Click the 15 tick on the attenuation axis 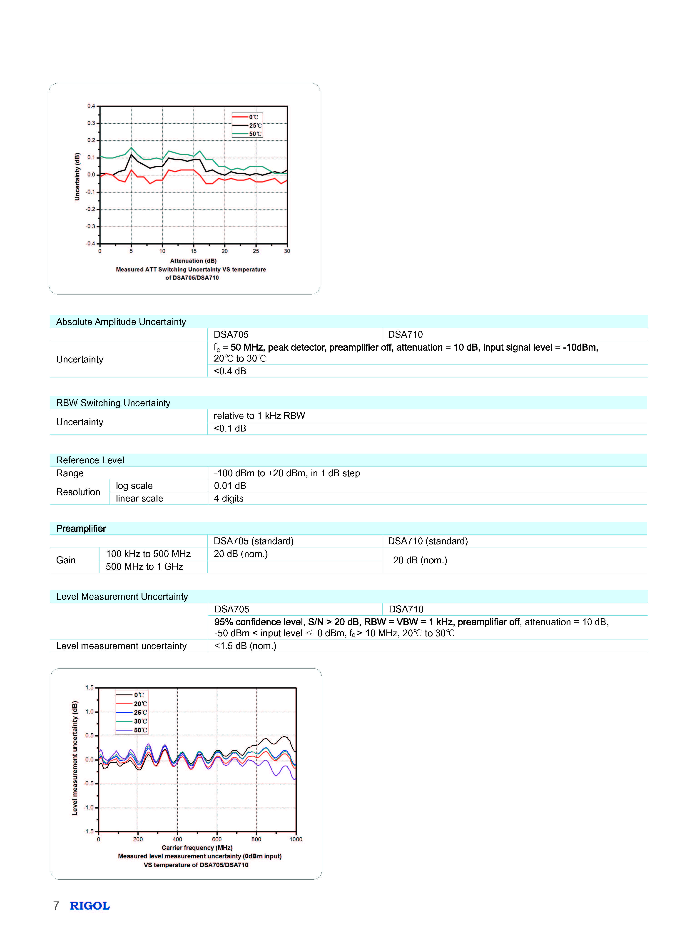(194, 251)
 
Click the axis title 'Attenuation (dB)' (193, 261)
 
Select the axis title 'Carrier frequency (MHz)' (197, 848)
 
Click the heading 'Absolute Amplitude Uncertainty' (121, 322)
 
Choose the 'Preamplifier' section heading (81, 528)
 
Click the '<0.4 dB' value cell (230, 371)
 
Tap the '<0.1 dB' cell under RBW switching (230, 428)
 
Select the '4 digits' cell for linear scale (229, 498)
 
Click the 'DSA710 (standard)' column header (428, 541)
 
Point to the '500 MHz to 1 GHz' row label (144, 566)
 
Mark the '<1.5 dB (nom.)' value (245, 646)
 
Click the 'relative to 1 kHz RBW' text (259, 416)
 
